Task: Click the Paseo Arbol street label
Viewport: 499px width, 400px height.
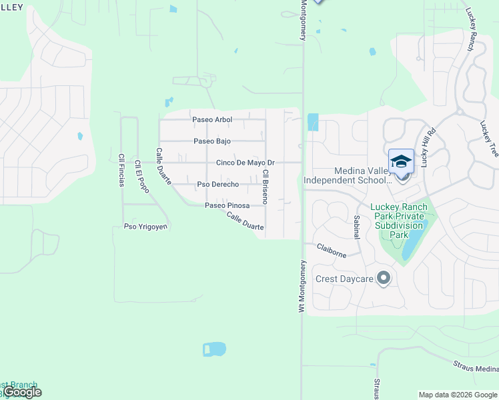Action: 212,120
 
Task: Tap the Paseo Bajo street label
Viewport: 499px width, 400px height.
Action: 212,141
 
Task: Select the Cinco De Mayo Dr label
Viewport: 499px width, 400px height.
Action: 245,163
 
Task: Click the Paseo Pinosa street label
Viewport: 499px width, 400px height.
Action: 227,206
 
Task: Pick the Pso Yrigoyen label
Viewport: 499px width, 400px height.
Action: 145,227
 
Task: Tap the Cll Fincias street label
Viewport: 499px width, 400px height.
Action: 121,171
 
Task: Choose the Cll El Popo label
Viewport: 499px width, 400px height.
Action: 141,177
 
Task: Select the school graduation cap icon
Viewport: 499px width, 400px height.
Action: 401,162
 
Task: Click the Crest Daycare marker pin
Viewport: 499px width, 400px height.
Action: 383,278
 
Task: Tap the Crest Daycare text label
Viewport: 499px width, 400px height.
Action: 344,279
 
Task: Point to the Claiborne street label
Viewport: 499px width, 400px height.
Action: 331,250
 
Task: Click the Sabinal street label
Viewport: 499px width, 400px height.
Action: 356,227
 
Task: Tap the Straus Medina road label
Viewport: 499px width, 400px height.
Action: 476,367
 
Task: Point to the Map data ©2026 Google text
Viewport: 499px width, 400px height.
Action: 458,395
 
